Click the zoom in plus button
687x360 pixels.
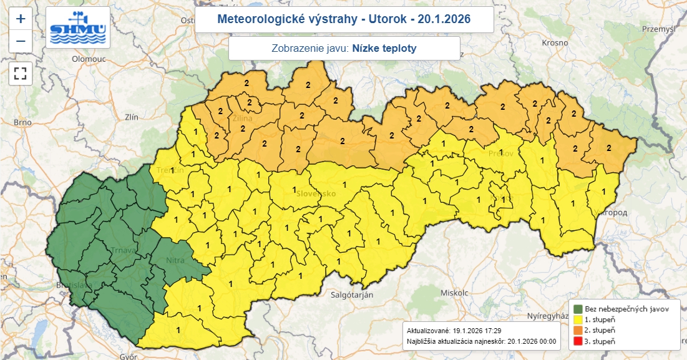[x=21, y=19]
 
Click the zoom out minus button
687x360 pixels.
[x=21, y=41]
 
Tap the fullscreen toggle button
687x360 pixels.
[x=21, y=73]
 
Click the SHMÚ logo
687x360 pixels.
[x=78, y=28]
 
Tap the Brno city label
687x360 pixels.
[x=22, y=122]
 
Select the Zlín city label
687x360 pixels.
[x=132, y=117]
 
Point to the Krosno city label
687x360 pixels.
[x=555, y=43]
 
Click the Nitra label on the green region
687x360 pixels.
[x=177, y=260]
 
